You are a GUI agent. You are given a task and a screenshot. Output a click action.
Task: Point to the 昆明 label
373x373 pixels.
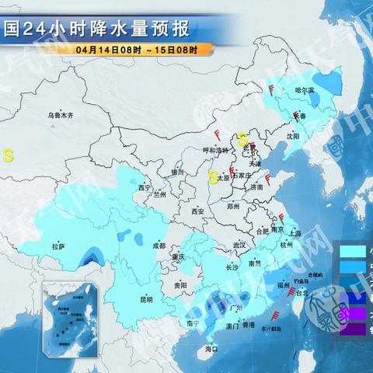point(146,298)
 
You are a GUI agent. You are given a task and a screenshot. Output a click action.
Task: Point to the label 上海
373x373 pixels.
point(294,232)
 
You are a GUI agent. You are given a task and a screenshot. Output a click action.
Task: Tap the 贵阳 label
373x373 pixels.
point(180,285)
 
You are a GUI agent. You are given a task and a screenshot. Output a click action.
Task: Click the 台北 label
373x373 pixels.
point(302,293)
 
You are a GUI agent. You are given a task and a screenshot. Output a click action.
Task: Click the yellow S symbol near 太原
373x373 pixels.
point(212,176)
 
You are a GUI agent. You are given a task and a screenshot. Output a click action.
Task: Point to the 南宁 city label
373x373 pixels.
point(193,322)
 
